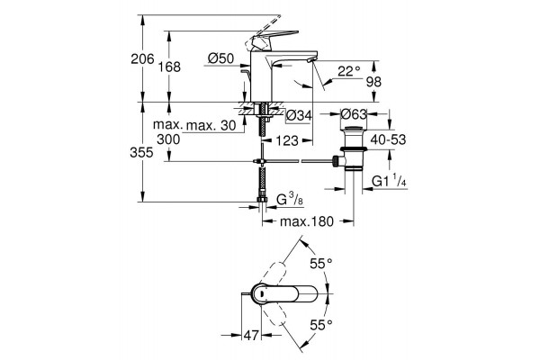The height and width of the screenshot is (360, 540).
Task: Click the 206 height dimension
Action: pos(142,58)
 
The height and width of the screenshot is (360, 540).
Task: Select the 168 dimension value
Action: pos(169,67)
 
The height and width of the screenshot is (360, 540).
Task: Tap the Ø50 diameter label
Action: pos(221,58)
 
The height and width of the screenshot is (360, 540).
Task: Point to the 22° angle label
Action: pos(348,71)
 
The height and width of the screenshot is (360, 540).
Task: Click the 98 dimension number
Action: pos(373,82)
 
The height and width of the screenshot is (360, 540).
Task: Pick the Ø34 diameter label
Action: pos(299,115)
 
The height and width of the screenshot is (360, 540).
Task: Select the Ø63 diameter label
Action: pos(354,113)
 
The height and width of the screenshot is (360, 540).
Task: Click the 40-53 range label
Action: pos(388,139)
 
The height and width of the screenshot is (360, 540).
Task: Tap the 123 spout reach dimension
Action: pos(287,140)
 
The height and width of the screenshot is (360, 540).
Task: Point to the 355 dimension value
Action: pos(141,152)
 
